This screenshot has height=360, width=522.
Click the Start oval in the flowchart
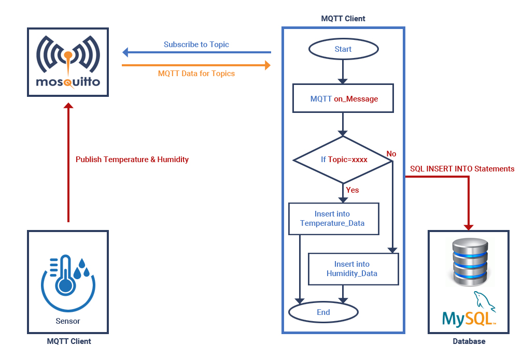(343, 49)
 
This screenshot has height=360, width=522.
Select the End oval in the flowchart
(323, 312)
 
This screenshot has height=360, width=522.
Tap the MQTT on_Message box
(344, 98)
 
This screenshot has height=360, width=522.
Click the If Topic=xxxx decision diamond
(343, 160)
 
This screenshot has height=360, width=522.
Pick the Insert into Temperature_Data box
(333, 219)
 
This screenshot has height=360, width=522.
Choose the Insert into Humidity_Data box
(352, 269)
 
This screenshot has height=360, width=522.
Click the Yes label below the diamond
(352, 190)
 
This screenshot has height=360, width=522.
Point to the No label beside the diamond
(391, 154)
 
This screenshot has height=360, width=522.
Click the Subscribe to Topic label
(196, 45)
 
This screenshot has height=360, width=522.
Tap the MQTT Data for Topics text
(196, 74)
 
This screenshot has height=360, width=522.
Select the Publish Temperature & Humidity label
(132, 160)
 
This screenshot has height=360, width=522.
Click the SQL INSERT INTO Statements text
(462, 169)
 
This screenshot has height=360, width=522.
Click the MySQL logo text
(469, 318)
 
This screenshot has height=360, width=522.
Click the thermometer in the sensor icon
(65, 275)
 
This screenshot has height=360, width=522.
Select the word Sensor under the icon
(68, 321)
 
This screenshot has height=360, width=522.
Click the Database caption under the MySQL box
(469, 341)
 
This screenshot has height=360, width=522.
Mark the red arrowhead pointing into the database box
(469, 226)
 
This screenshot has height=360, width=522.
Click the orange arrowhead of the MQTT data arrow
(267, 65)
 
